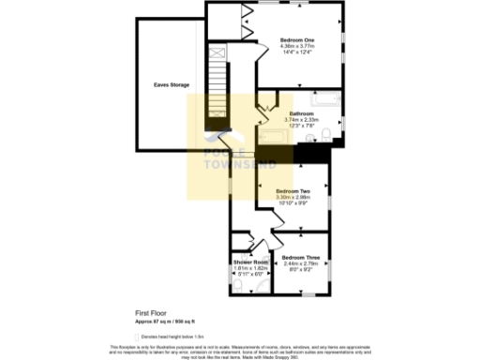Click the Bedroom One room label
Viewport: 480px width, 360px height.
click(296, 38)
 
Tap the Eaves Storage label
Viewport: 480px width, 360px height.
click(172, 85)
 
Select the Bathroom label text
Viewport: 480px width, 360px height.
click(301, 113)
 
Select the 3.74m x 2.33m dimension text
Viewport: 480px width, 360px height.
click(301, 120)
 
